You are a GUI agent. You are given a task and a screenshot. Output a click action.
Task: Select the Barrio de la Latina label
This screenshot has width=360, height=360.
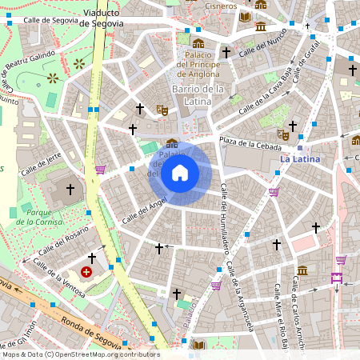[x=197, y=95]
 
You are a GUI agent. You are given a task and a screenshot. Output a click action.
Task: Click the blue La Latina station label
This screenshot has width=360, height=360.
[x=300, y=159]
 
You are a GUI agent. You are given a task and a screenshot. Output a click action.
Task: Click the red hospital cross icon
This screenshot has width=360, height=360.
[x=86, y=272]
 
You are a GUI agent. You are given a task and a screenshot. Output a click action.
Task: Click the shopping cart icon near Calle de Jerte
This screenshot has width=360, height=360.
[x=100, y=170]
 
